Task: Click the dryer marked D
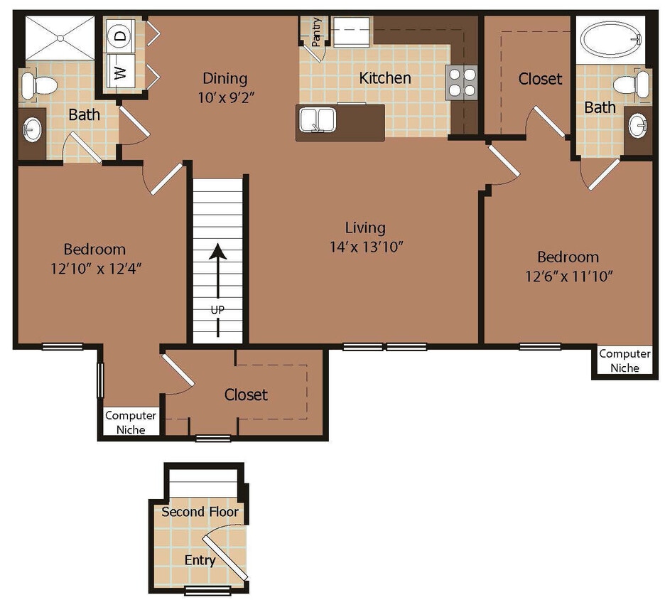click(120, 35)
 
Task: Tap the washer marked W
click(120, 72)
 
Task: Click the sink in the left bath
click(32, 130)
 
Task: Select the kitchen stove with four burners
click(461, 81)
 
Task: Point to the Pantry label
click(316, 31)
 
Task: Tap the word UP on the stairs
click(217, 310)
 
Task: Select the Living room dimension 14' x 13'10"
click(365, 247)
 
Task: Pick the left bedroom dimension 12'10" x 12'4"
click(94, 269)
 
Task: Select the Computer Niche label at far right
click(625, 360)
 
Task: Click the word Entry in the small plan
click(200, 560)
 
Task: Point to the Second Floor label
click(200, 512)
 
